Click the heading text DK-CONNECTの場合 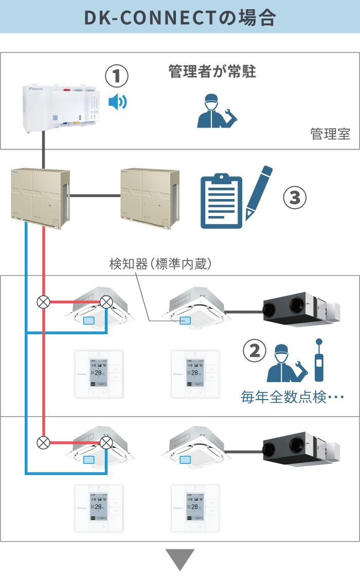click(x=180, y=17)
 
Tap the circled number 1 click(x=117, y=77)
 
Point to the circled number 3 click(x=295, y=199)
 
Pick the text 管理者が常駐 click(x=212, y=71)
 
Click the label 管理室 click(x=330, y=134)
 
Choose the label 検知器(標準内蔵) click(x=160, y=264)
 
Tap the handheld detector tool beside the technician click(x=319, y=360)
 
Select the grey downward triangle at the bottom click(x=180, y=560)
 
